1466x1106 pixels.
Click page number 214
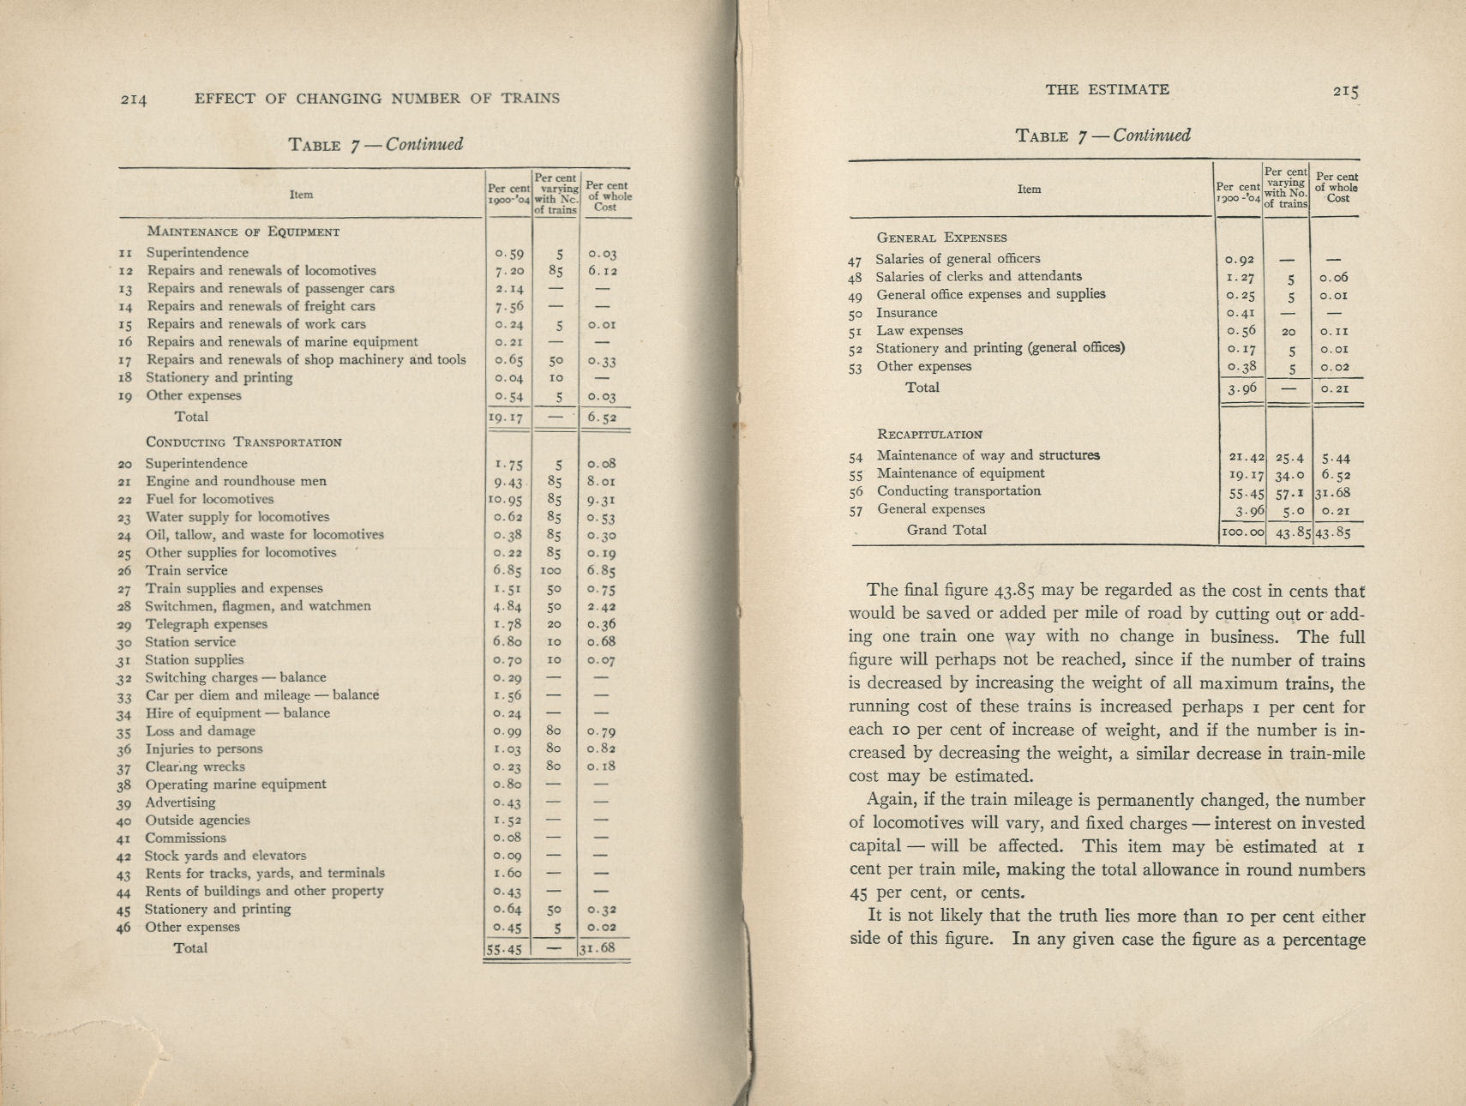tap(134, 99)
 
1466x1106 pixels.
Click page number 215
tap(1347, 91)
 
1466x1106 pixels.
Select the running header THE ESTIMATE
tap(1107, 89)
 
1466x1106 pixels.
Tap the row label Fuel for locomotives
tap(209, 499)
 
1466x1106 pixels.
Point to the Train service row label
tap(186, 570)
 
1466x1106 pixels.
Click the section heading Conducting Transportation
tap(243, 442)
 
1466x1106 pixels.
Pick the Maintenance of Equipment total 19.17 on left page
tap(506, 418)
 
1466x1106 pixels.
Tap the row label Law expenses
tap(919, 330)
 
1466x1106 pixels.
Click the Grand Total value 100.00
tap(1241, 532)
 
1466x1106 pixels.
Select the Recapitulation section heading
tap(929, 435)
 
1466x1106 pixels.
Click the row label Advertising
tap(180, 802)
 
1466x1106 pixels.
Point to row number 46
tap(124, 928)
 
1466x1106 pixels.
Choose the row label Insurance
tap(906, 313)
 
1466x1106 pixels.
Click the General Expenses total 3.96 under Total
tap(1241, 388)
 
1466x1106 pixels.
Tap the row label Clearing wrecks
tap(195, 766)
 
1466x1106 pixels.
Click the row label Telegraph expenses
tap(206, 624)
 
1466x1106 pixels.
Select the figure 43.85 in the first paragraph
tap(1017, 591)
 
